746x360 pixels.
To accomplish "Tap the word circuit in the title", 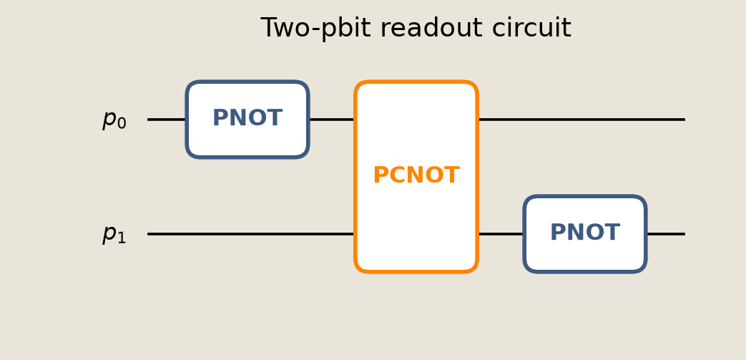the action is coord(531,28).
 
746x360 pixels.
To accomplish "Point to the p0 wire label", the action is coord(114,120).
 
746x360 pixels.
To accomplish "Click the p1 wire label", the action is coord(114,234).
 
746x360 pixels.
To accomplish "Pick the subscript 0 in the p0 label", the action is coord(122,123).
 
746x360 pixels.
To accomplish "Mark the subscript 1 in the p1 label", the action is coord(122,238).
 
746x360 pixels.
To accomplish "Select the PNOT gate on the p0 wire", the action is coord(247,120).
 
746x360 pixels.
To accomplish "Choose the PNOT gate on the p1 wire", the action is coord(585,234).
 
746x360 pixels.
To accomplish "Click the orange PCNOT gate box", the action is coord(416,177).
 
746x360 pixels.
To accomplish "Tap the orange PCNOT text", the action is coord(416,176).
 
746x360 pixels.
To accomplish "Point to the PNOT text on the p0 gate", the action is coord(247,118).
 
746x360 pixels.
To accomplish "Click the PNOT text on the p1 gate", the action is coord(585,233).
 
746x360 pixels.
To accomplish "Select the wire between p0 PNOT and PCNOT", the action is coord(332,120).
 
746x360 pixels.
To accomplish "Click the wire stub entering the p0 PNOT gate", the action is coord(167,120).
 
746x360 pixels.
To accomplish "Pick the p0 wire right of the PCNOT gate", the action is coord(581,120).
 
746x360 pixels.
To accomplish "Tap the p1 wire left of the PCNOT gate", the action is coord(251,234).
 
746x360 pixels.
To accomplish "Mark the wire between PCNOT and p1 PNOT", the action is coord(501,234).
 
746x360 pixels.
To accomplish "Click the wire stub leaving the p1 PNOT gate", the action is coord(666,234).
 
